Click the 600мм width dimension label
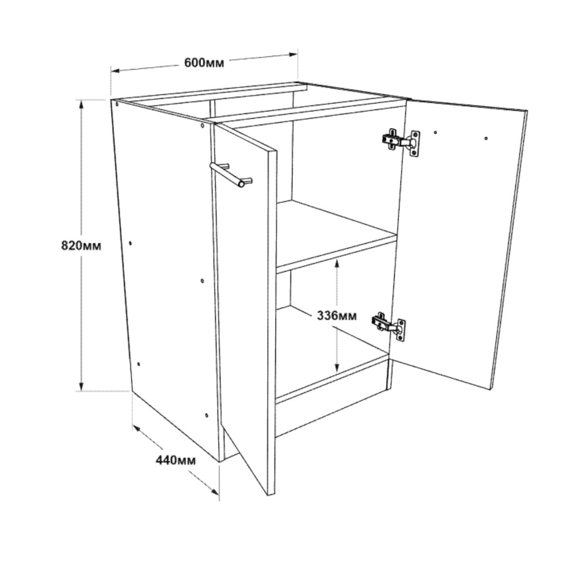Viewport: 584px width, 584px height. pyautogui.click(x=204, y=63)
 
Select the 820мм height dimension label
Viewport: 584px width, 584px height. pyautogui.click(x=81, y=245)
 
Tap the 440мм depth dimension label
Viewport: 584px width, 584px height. pyautogui.click(x=176, y=460)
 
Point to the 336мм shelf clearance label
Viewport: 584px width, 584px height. pyautogui.click(x=337, y=316)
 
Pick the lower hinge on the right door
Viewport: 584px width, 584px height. pyautogui.click(x=389, y=326)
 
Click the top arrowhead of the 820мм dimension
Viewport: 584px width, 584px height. pyautogui.click(x=81, y=105)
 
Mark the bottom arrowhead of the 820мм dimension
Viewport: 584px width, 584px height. pyautogui.click(x=81, y=386)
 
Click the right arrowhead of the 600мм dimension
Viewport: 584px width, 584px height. pyautogui.click(x=293, y=55)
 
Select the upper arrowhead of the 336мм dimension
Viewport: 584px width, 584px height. pyautogui.click(x=337, y=264)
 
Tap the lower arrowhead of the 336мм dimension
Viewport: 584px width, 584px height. pyautogui.click(x=336, y=368)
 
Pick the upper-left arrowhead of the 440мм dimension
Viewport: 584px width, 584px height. pyautogui.click(x=136, y=429)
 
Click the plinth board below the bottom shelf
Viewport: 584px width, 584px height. pyautogui.click(x=332, y=397)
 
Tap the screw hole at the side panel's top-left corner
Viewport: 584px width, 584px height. pyautogui.click(x=117, y=104)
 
